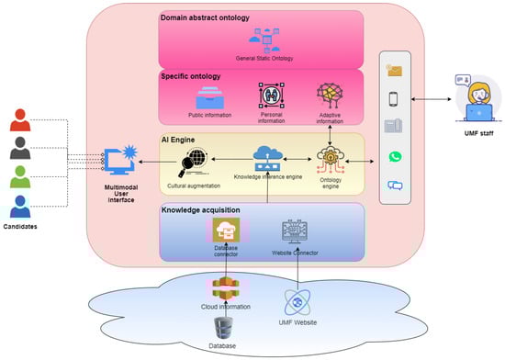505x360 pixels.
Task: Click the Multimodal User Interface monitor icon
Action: pos(120,159)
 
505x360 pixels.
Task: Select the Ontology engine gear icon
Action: pos(330,157)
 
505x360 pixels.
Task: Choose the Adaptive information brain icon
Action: pos(330,95)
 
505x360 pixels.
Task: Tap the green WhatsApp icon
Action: pos(396,157)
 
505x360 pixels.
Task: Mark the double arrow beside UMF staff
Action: pos(431,97)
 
